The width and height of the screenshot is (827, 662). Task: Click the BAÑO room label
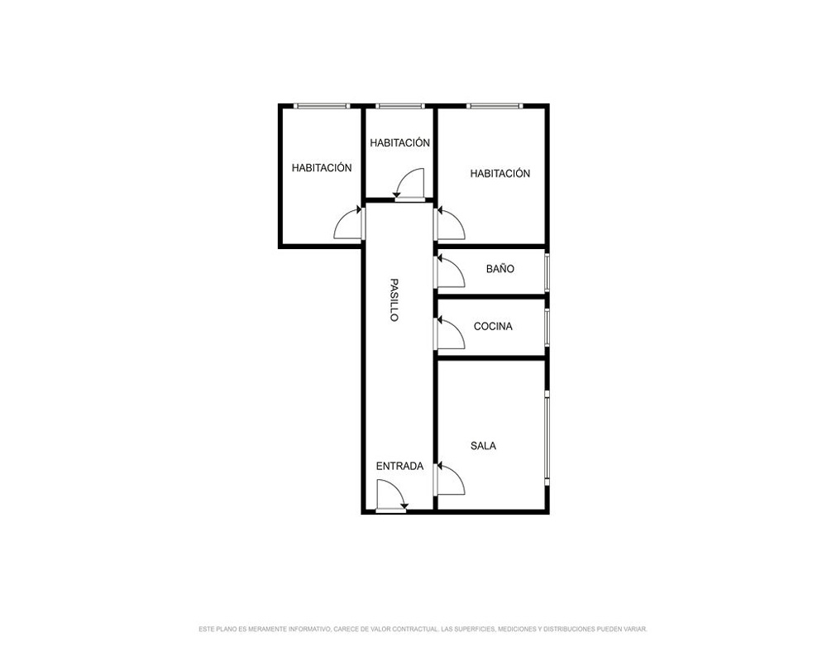point(500,269)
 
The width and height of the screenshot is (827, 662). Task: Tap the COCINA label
point(493,326)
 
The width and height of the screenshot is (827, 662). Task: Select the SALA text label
point(483,446)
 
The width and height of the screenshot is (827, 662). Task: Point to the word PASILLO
point(394,300)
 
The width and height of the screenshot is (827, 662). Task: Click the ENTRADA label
point(399,466)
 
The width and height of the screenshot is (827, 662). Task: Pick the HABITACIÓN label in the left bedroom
point(322,168)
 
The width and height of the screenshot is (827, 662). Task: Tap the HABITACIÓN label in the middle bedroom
point(399,142)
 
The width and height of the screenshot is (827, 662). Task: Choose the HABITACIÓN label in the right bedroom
point(500,173)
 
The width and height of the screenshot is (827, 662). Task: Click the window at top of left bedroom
point(322,106)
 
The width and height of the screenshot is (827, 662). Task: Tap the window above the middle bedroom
point(399,106)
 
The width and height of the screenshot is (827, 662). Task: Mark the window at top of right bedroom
point(495,106)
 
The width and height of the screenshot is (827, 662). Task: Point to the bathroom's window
point(547,272)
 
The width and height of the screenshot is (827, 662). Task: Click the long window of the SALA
point(547,438)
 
